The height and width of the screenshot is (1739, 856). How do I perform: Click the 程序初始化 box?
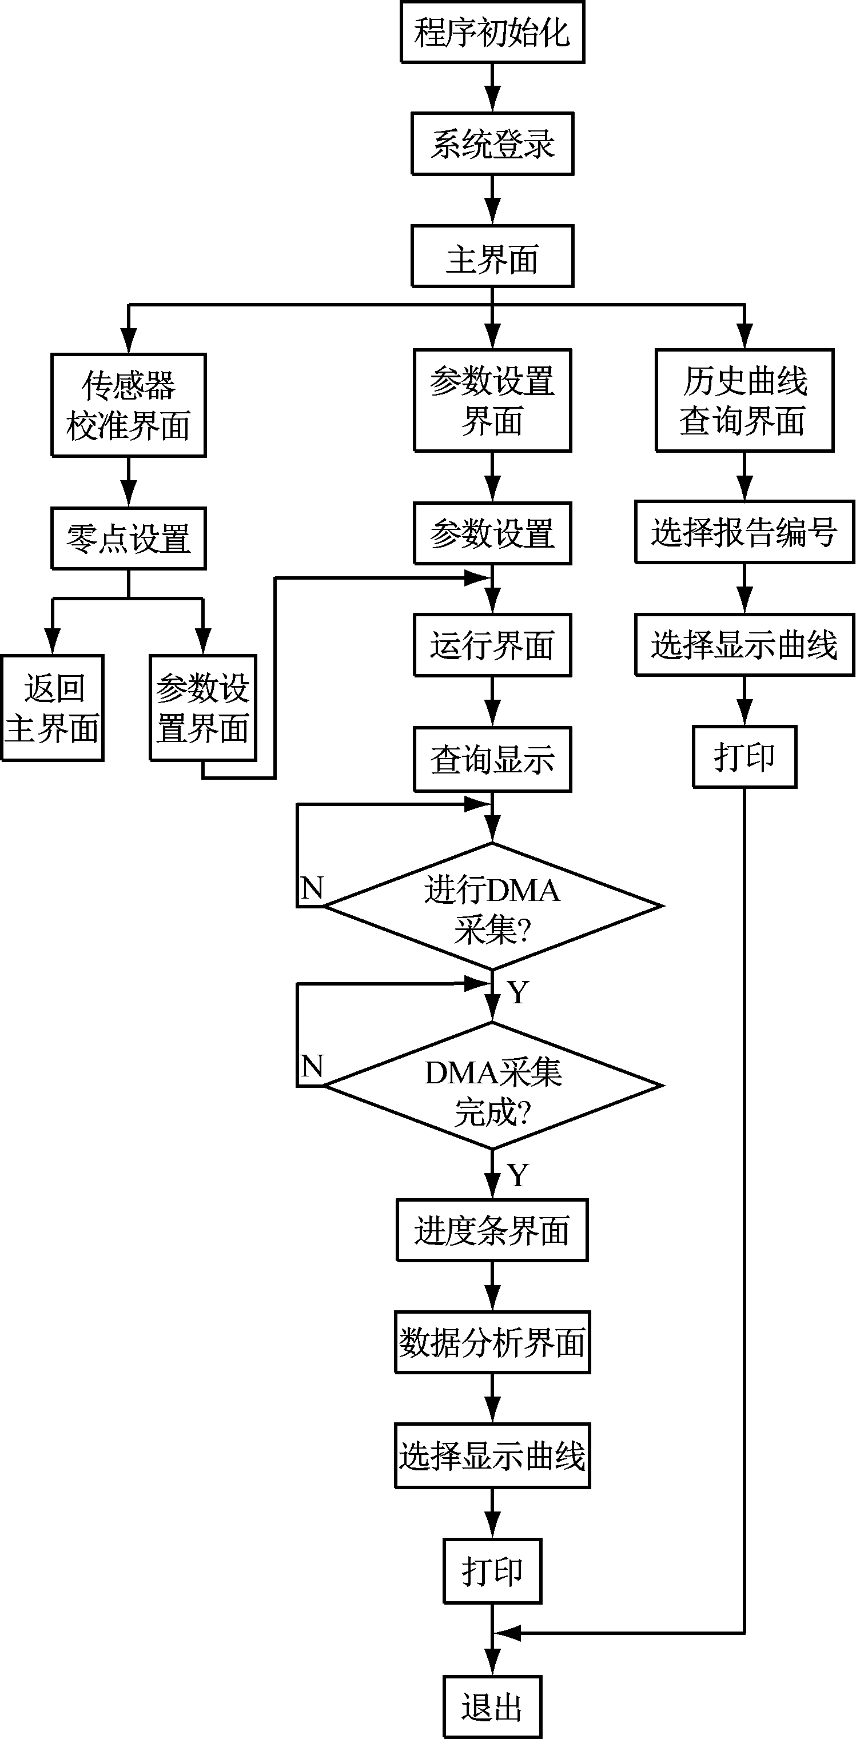pos(492,33)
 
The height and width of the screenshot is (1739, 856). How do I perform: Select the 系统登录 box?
pos(492,144)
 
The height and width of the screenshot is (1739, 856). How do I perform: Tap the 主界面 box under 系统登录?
pos(492,257)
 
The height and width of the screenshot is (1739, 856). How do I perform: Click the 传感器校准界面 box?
pos(128,405)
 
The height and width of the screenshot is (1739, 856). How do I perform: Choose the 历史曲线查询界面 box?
pos(744,400)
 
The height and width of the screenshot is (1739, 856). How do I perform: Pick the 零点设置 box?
pos(128,539)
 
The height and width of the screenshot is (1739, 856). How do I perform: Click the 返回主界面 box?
pos(52,708)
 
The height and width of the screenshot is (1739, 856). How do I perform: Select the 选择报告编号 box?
pos(744,532)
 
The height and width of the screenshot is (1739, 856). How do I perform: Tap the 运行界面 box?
pos(492,645)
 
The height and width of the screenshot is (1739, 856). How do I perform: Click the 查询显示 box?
pos(492,759)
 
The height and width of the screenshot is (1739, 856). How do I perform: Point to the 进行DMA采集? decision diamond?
pos(492,907)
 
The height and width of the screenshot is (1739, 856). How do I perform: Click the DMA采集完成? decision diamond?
pos(492,1086)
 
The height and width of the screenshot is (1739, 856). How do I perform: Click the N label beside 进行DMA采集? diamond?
pos(312,888)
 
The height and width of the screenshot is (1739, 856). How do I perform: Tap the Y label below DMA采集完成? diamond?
pos(518,1176)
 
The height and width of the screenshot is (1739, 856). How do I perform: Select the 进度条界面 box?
pos(492,1230)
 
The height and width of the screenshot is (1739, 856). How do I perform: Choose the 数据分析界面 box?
pos(492,1342)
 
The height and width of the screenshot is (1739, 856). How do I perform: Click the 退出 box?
pos(492,1706)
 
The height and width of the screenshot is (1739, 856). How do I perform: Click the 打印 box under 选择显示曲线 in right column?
pos(744,757)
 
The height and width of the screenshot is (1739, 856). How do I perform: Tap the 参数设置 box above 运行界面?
pos(492,533)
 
